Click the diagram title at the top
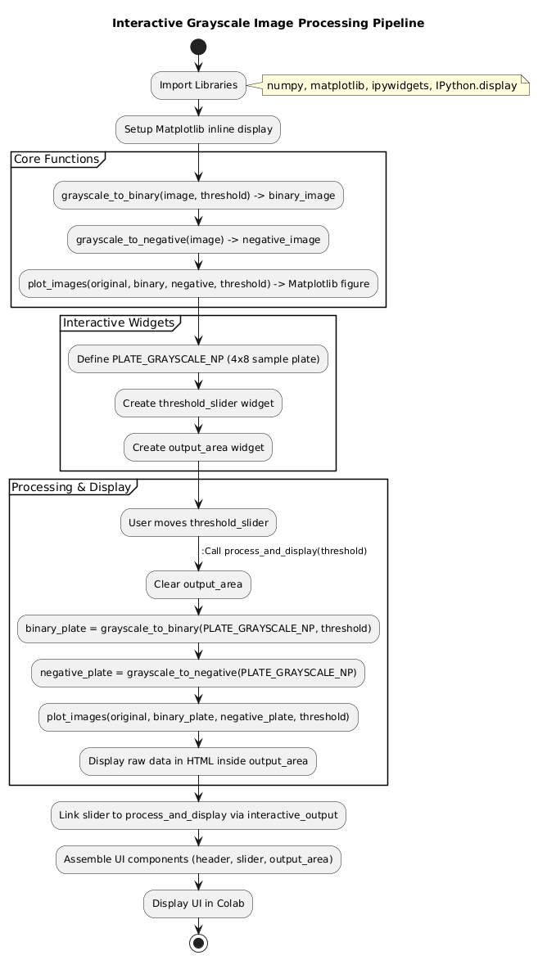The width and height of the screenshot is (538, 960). click(x=269, y=23)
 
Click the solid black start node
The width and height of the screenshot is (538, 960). click(x=198, y=47)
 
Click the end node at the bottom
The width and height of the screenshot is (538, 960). click(x=198, y=942)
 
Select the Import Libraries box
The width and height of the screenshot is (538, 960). click(x=198, y=85)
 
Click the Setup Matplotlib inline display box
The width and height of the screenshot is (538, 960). click(x=198, y=129)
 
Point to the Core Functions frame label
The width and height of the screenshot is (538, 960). click(x=57, y=159)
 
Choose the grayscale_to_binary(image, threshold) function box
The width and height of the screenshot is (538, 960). click(x=198, y=196)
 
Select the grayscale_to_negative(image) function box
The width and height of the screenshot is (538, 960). click(x=198, y=240)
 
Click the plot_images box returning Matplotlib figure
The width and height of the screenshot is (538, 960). click(x=198, y=284)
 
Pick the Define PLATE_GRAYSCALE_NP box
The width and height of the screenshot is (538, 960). click(x=198, y=359)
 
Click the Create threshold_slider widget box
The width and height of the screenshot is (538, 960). click(x=198, y=403)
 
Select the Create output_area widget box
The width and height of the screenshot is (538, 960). click(x=198, y=448)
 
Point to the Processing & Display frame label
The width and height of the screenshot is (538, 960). click(x=72, y=487)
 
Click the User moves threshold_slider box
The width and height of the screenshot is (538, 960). click(x=198, y=523)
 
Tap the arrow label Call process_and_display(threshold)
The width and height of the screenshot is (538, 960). click(x=283, y=551)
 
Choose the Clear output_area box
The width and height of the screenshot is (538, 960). click(x=198, y=584)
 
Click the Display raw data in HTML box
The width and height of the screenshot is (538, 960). click(x=198, y=761)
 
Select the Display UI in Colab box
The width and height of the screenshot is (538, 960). click(x=198, y=904)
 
